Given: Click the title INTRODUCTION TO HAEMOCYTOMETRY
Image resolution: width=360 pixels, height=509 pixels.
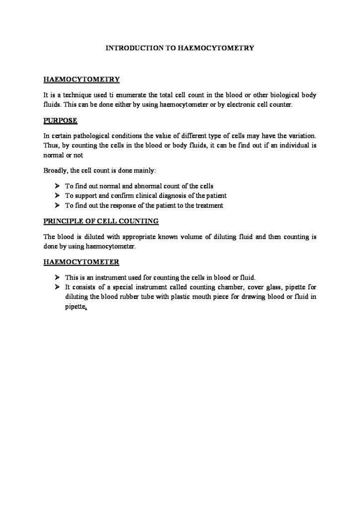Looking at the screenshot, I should coord(181,49).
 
